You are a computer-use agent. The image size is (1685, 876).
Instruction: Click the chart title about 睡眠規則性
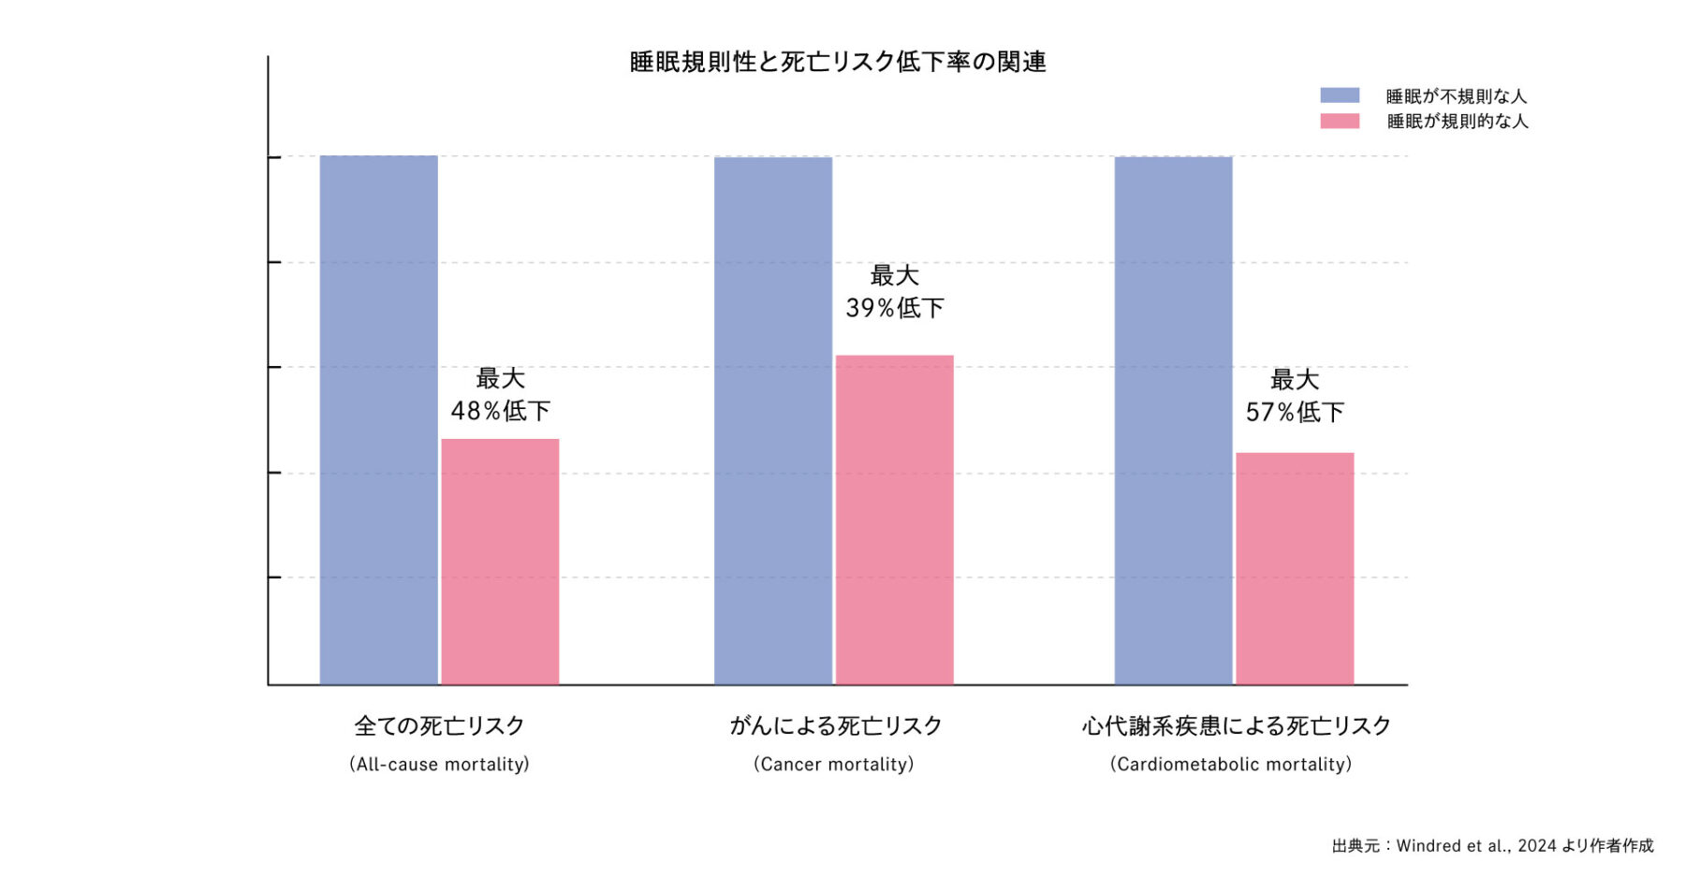pyautogui.click(x=838, y=62)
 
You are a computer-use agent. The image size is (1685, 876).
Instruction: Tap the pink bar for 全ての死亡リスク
pyautogui.click(x=500, y=562)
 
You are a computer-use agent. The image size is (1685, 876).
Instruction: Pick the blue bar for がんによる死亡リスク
pyautogui.click(x=773, y=420)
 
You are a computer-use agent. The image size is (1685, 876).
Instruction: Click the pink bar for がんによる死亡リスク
pyautogui.click(x=894, y=519)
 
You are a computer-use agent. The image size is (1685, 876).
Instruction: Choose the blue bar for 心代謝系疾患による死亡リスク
pyautogui.click(x=1173, y=420)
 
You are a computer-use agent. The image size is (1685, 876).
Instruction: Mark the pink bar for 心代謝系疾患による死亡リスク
pyautogui.click(x=1295, y=568)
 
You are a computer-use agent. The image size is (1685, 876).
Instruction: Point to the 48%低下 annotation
pyautogui.click(x=501, y=410)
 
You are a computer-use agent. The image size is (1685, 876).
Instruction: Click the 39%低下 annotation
pyautogui.click(x=895, y=307)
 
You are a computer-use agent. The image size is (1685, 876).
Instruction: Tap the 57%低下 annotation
pyautogui.click(x=1295, y=411)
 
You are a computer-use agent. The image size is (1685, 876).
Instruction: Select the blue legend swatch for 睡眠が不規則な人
pyautogui.click(x=1340, y=95)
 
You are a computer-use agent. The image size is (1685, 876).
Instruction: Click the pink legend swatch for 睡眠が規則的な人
pyautogui.click(x=1340, y=121)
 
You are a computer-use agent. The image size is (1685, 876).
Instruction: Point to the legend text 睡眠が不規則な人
pyautogui.click(x=1456, y=95)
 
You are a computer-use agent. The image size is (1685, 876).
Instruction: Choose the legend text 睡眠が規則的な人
pyautogui.click(x=1457, y=121)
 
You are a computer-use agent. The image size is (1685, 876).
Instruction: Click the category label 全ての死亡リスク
pyautogui.click(x=439, y=725)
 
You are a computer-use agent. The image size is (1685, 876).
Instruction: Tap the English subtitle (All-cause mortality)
pyautogui.click(x=439, y=764)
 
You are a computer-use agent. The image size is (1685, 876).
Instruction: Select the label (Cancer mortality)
pyautogui.click(x=834, y=764)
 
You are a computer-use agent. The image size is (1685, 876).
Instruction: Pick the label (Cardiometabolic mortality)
pyautogui.click(x=1231, y=764)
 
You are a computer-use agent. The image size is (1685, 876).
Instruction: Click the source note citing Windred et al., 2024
pyautogui.click(x=1492, y=845)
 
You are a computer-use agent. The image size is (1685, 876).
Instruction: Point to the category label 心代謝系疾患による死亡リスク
pyautogui.click(x=1237, y=725)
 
